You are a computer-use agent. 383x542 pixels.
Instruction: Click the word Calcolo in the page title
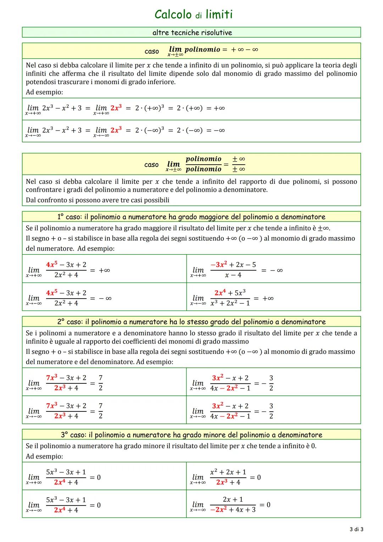click(173, 15)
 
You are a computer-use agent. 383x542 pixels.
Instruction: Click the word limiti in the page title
click(219, 15)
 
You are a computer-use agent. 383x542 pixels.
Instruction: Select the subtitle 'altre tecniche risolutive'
click(192, 33)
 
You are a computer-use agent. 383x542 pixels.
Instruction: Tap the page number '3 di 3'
click(356, 530)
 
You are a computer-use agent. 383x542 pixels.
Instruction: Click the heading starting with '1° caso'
click(191, 217)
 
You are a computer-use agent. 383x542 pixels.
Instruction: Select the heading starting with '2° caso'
click(191, 322)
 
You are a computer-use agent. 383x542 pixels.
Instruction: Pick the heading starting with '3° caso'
click(191, 435)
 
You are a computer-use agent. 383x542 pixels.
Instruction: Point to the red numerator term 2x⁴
click(220, 293)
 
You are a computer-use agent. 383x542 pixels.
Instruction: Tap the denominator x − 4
click(233, 275)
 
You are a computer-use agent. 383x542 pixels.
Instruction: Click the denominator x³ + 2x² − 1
click(230, 303)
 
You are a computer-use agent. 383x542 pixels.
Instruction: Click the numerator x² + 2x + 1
click(228, 472)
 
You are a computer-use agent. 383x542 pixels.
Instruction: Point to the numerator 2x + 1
click(233, 499)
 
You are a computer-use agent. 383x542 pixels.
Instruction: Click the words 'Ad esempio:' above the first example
click(44, 92)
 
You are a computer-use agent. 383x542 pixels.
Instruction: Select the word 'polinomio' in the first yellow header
click(202, 49)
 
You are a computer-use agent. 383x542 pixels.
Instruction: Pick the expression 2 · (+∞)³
click(149, 108)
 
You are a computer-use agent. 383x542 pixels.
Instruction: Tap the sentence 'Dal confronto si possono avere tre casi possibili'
click(98, 200)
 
